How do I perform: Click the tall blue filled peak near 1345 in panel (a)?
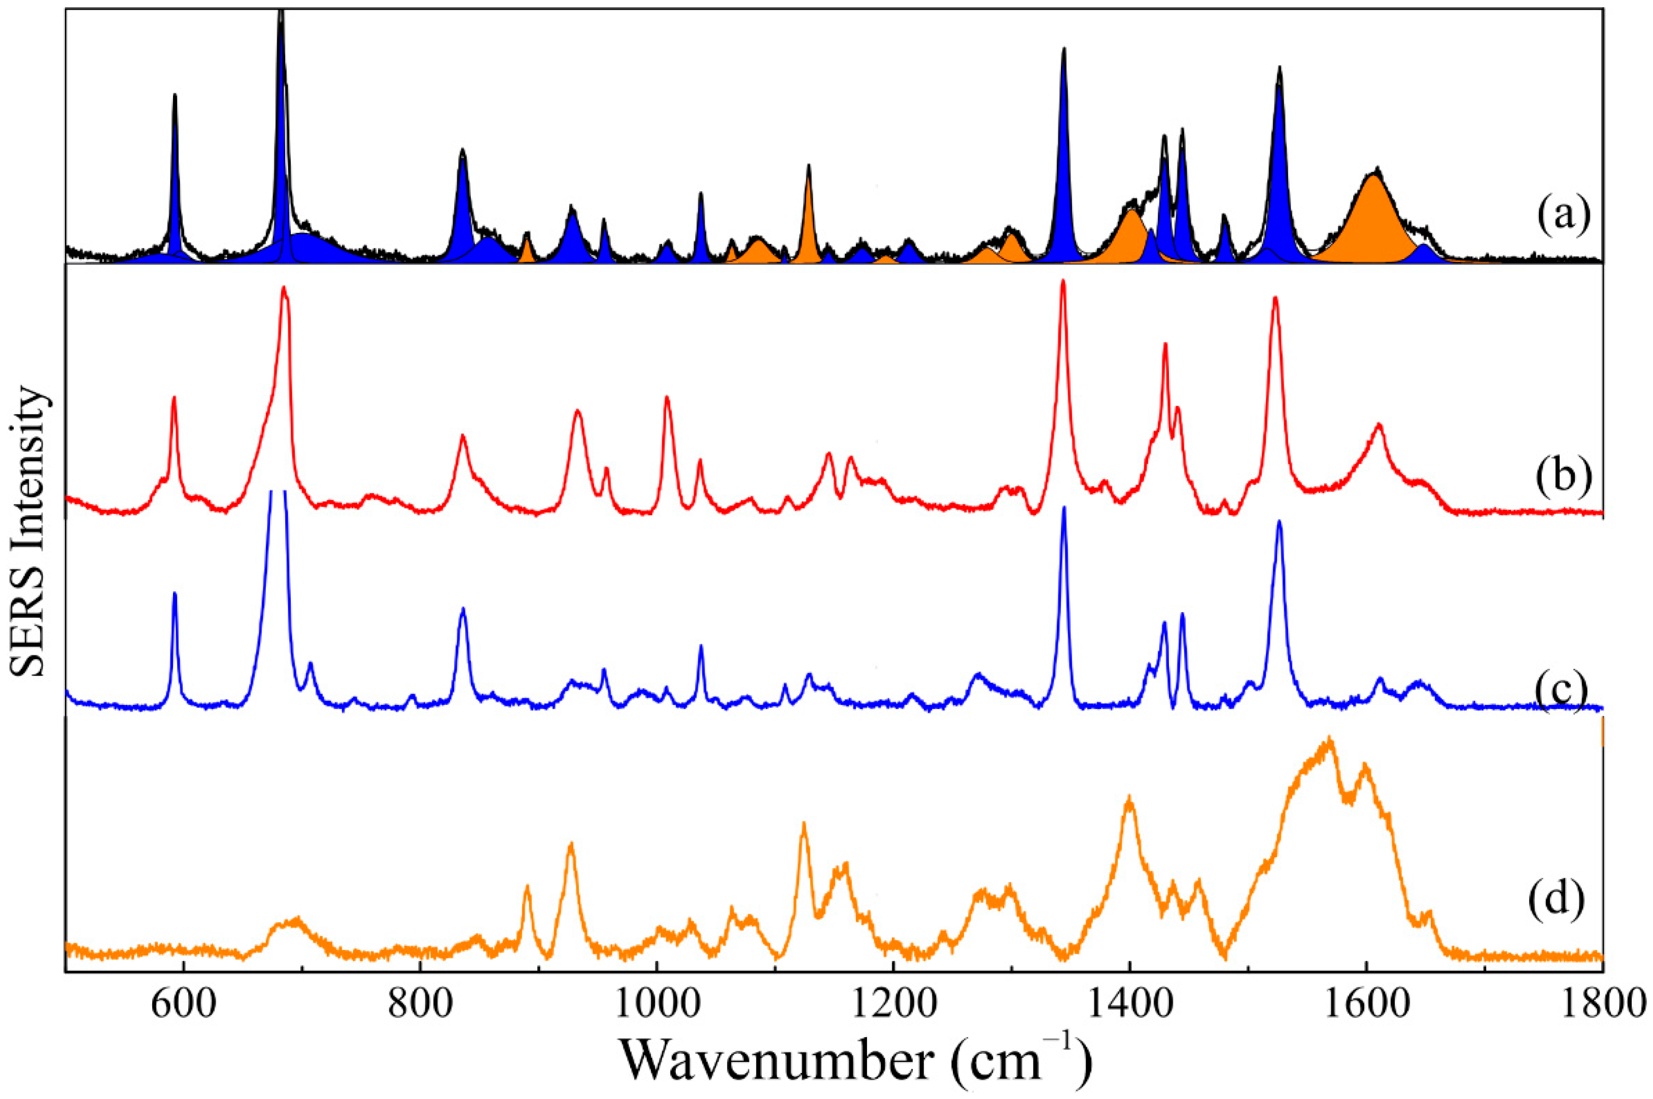pyautogui.click(x=1063, y=175)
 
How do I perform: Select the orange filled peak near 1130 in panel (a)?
pyautogui.click(x=808, y=217)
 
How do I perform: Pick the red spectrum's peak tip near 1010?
pyautogui.click(x=667, y=398)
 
